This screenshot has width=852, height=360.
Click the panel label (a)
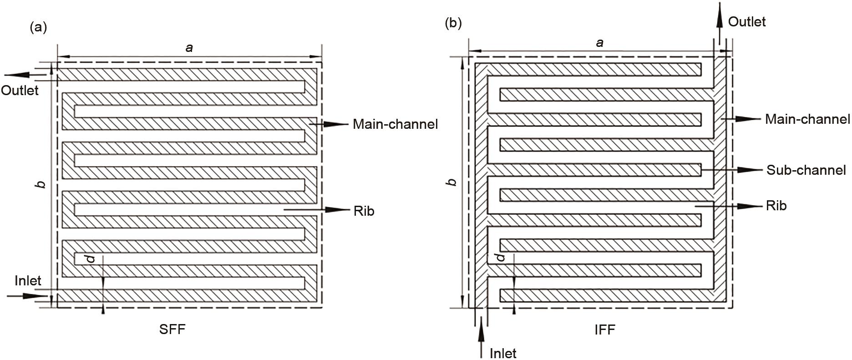coord(38,28)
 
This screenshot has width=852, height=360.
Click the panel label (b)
coord(453,24)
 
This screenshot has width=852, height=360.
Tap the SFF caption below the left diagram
coord(172,329)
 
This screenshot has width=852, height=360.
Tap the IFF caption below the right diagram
coord(605,330)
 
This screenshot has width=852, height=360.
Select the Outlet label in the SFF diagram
coord(20,90)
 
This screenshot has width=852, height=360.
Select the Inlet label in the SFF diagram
coord(28,281)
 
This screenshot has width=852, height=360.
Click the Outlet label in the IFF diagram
coord(747,21)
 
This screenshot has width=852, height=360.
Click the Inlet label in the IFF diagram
coord(503,353)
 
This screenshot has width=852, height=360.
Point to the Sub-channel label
coord(806,170)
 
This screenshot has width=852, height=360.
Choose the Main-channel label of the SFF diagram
coord(395,124)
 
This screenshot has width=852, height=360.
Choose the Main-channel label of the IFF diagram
coord(807,119)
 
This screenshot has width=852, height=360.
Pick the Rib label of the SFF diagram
coord(364,211)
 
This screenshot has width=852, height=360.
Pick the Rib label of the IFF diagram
coord(776,206)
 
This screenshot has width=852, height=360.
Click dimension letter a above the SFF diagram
coord(189,47)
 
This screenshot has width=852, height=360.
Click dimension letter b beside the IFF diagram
coord(451,182)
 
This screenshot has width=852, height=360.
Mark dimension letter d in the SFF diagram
coord(91,259)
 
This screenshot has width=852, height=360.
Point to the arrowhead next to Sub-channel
coord(749,170)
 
